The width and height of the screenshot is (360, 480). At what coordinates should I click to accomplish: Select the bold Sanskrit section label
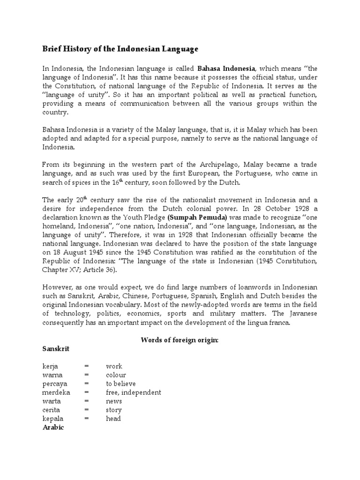coord(56,349)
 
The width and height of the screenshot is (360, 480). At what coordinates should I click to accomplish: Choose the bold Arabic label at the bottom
coord(52,427)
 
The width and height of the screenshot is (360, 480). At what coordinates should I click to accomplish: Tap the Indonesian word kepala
coord(53,419)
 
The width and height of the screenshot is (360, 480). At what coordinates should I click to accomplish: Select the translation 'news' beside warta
coord(114,401)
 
